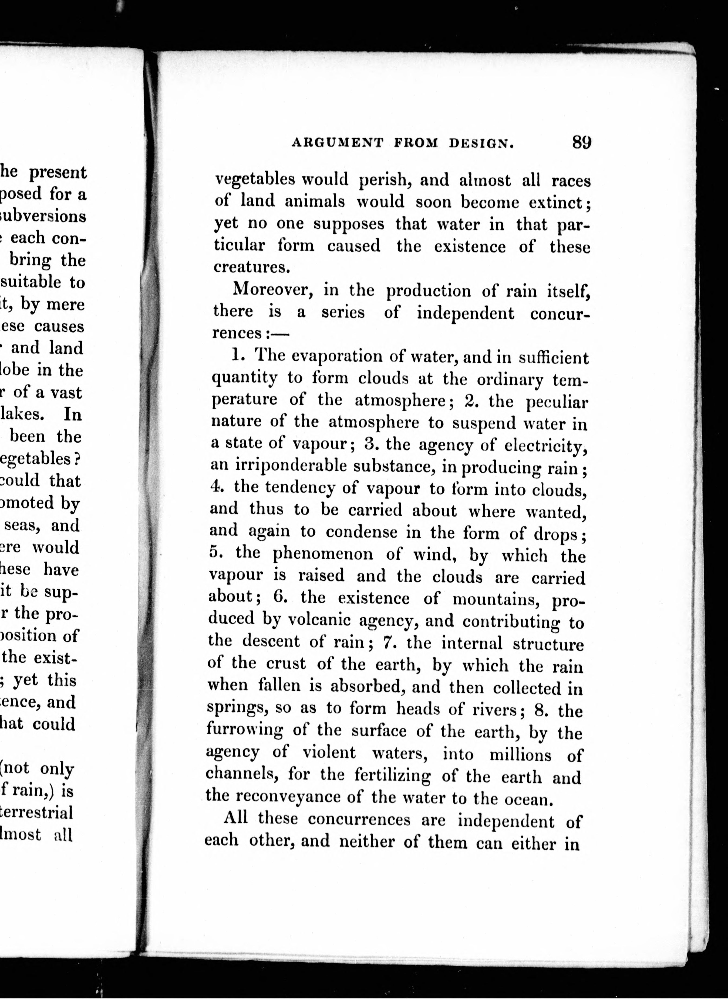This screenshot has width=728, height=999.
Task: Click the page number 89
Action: tap(581, 142)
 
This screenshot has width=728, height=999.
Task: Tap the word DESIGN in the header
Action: tap(481, 143)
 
